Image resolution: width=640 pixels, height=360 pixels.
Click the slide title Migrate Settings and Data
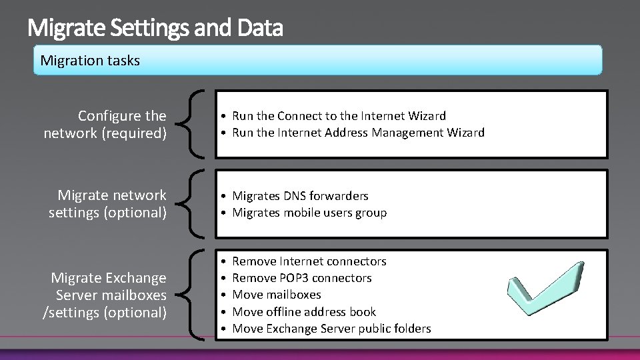click(x=155, y=29)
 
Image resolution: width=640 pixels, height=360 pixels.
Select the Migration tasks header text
click(x=90, y=61)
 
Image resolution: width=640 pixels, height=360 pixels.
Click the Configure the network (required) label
click(x=105, y=125)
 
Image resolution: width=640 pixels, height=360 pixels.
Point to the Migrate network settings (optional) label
click(x=108, y=204)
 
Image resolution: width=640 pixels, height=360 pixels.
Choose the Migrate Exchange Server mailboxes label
click(x=105, y=295)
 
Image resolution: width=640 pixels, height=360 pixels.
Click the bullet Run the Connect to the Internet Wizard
click(x=339, y=116)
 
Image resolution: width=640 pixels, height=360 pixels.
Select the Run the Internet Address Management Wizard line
click(x=358, y=133)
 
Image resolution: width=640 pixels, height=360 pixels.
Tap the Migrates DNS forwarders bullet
click(x=300, y=196)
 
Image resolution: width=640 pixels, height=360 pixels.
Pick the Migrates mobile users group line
click(x=309, y=213)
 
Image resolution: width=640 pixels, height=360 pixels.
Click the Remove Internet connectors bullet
click(x=309, y=261)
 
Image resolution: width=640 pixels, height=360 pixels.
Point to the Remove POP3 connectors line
click(x=302, y=278)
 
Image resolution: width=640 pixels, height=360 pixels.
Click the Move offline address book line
click(x=304, y=312)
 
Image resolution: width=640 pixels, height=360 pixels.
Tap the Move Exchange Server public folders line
click(x=331, y=329)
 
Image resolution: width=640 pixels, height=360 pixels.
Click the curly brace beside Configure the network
click(x=192, y=125)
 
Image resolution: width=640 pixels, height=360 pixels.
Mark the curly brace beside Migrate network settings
click(x=192, y=204)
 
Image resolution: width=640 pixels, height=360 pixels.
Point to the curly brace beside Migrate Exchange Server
click(x=192, y=295)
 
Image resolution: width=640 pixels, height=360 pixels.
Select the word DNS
click(x=296, y=196)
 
